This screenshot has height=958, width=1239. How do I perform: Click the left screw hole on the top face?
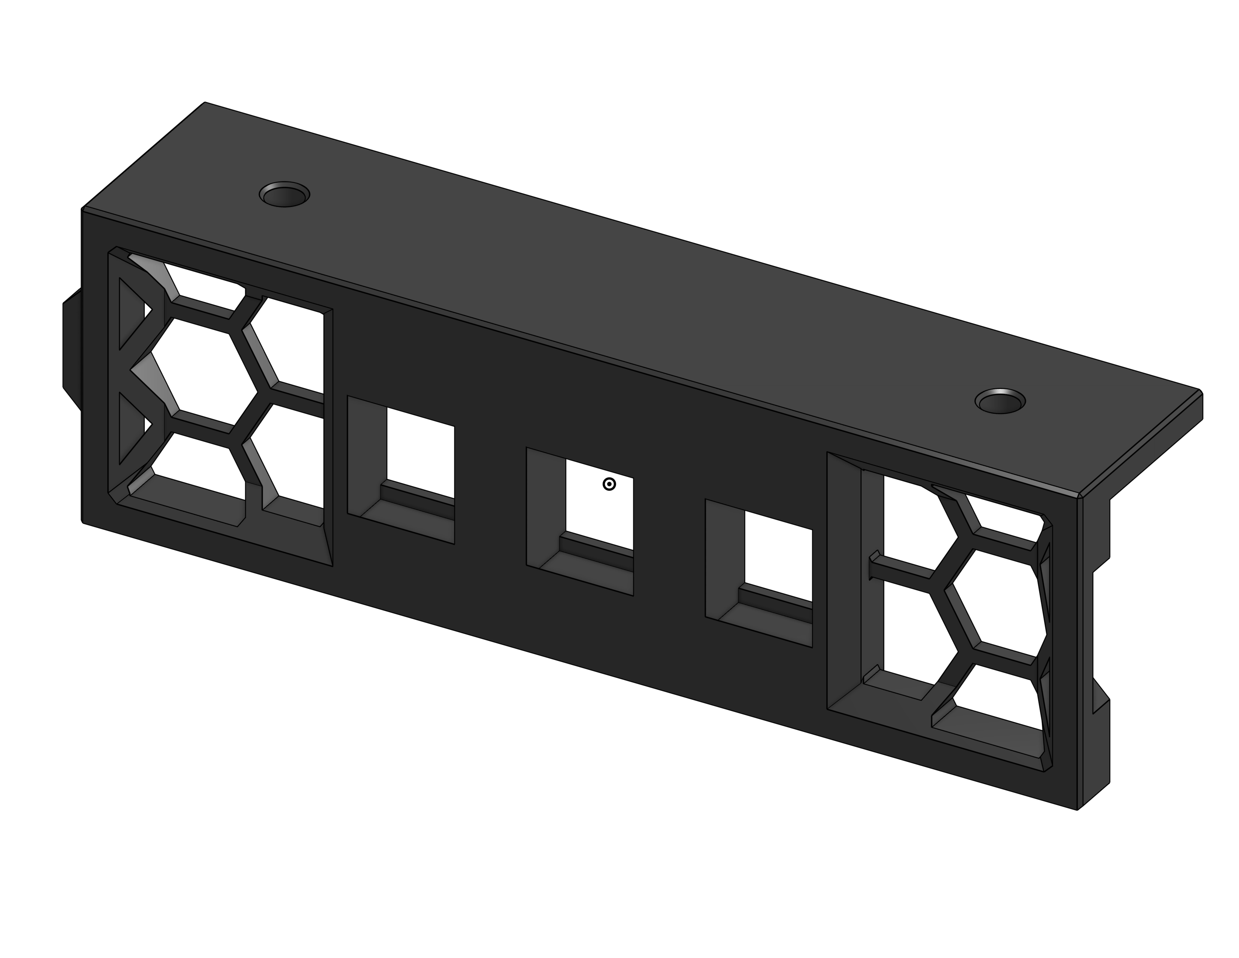point(284,195)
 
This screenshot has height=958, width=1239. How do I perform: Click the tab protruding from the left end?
point(71,349)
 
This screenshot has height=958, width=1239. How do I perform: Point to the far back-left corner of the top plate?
point(205,104)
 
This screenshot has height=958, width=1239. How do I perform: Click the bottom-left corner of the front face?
point(84,522)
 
